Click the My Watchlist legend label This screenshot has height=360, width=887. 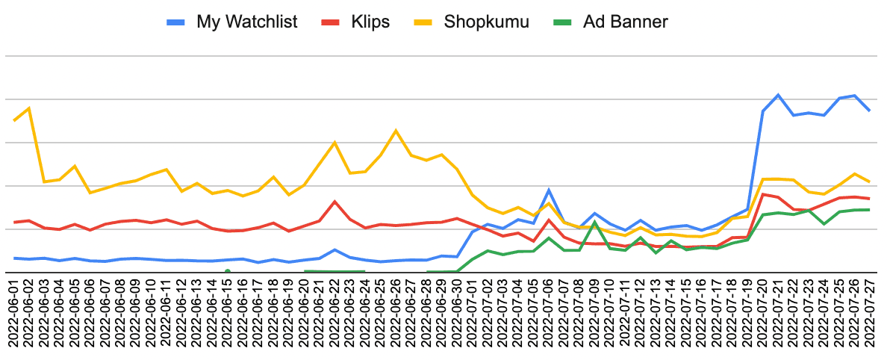click(x=247, y=22)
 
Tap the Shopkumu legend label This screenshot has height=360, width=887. click(x=486, y=22)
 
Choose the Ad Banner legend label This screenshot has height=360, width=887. click(x=625, y=22)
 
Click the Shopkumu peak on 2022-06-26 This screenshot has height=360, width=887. click(x=396, y=131)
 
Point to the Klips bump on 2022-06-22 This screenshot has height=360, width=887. click(x=334, y=201)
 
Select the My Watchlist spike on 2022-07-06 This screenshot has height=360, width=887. click(x=549, y=190)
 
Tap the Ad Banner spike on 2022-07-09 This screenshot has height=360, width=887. click(x=594, y=222)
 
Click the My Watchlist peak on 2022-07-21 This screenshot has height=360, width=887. click(x=778, y=95)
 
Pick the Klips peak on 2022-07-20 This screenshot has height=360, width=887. click(x=762, y=194)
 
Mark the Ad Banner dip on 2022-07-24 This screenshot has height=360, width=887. click(x=824, y=224)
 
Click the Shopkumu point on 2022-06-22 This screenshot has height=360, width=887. click(x=334, y=142)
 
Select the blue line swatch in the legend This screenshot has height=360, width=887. click(x=178, y=22)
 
